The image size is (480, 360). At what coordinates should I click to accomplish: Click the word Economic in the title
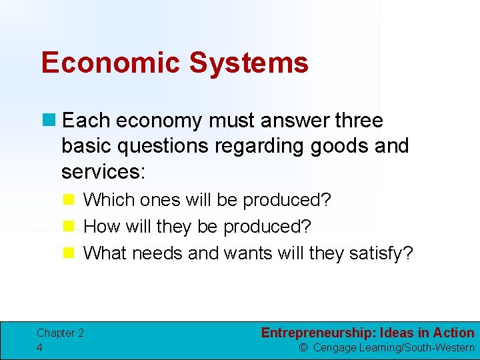coord(111,63)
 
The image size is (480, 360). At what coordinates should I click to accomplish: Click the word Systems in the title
coord(248,63)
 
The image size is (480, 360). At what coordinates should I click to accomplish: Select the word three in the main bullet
coord(359,121)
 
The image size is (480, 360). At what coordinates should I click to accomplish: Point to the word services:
coord(103,171)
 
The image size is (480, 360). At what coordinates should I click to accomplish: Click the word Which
coord(106,200)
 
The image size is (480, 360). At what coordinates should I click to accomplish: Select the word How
coord(101,227)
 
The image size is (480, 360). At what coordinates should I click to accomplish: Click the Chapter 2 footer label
coord(60,333)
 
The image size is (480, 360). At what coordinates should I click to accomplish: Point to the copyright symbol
coord(303,347)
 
